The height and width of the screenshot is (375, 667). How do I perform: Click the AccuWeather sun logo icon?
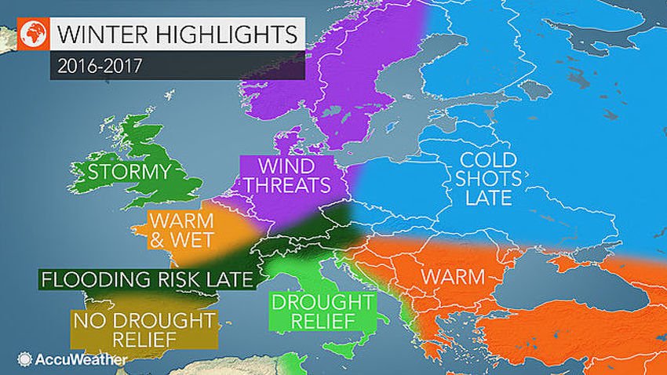[x=25, y=359]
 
